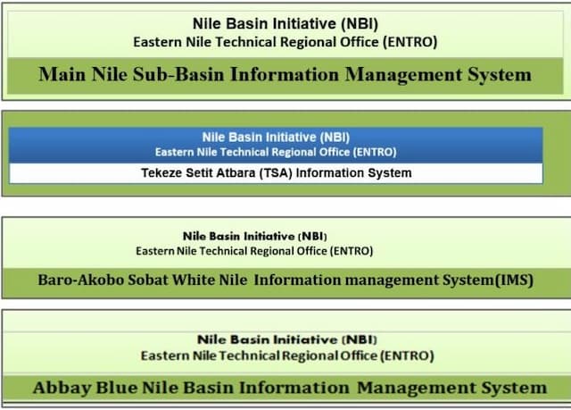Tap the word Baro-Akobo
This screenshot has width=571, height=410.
pos(81,280)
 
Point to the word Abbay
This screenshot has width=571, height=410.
pos(61,388)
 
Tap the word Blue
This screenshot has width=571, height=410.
pos(114,388)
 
